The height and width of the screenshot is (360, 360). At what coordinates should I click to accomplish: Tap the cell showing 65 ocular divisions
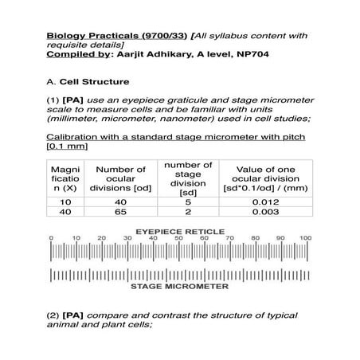coord(120,213)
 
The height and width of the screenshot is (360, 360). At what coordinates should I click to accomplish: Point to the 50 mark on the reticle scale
coord(178,238)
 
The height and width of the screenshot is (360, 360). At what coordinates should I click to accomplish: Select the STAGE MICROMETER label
coord(178,284)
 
